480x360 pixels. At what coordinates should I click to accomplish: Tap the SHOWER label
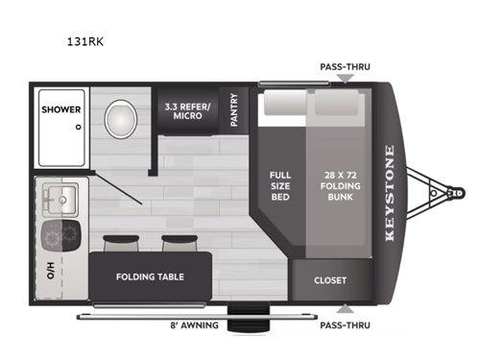click(x=60, y=109)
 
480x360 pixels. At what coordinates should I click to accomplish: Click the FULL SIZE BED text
click(x=280, y=182)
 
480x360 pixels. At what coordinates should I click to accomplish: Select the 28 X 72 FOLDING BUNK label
click(x=343, y=182)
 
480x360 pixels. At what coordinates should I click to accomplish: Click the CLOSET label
click(x=329, y=280)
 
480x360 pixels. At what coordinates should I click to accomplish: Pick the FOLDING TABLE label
click(x=150, y=277)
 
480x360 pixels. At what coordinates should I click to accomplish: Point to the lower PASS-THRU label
click(x=344, y=325)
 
